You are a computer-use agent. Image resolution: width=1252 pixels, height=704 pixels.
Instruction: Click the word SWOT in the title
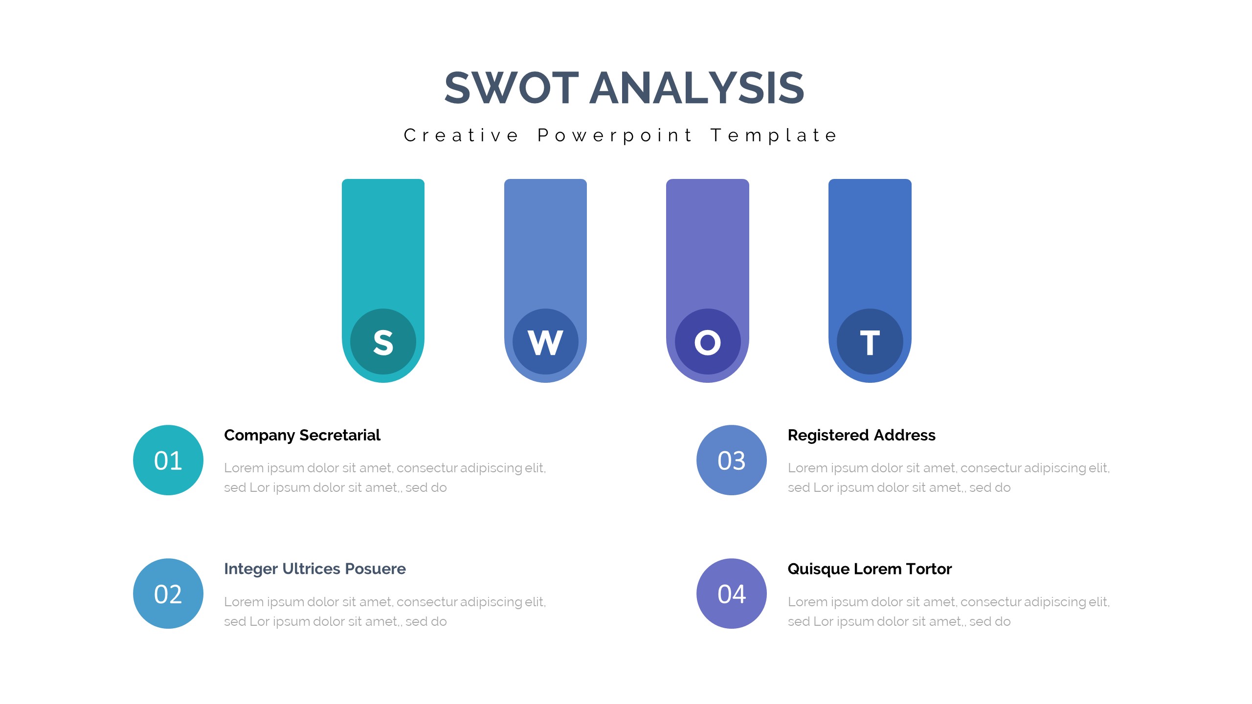[512, 88]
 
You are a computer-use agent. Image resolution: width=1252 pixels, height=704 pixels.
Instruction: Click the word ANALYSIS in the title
[697, 88]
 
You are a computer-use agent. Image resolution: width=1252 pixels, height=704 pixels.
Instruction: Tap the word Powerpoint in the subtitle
[614, 136]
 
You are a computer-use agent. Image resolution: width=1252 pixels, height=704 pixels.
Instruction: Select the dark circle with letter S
[383, 342]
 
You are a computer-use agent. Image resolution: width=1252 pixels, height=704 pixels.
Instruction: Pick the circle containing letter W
[545, 342]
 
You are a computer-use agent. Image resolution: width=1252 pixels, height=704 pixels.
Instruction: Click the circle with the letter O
[708, 342]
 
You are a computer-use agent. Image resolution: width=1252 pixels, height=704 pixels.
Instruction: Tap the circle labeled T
[870, 342]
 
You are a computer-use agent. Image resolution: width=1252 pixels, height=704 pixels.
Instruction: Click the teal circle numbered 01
[168, 460]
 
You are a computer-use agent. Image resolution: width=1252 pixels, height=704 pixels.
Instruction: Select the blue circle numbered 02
[168, 594]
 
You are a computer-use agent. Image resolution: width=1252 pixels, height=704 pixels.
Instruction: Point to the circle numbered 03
[732, 460]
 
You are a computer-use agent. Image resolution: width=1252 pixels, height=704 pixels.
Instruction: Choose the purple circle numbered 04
[732, 594]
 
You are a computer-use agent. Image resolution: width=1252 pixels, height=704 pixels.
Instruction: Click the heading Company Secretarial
[302, 436]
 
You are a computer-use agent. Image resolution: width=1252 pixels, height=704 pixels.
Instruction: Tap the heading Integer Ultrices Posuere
[315, 569]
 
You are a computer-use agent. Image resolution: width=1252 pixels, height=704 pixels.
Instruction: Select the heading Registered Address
[862, 436]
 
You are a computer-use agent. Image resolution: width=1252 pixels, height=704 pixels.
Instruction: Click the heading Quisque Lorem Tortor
[870, 569]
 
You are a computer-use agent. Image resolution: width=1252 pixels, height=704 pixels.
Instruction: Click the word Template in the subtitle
[774, 136]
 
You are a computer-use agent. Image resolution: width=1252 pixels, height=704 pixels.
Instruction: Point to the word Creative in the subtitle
[461, 135]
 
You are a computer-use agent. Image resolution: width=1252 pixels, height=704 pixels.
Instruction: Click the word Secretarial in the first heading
[340, 435]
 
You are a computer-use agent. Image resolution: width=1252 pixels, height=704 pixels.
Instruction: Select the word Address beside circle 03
[905, 435]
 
